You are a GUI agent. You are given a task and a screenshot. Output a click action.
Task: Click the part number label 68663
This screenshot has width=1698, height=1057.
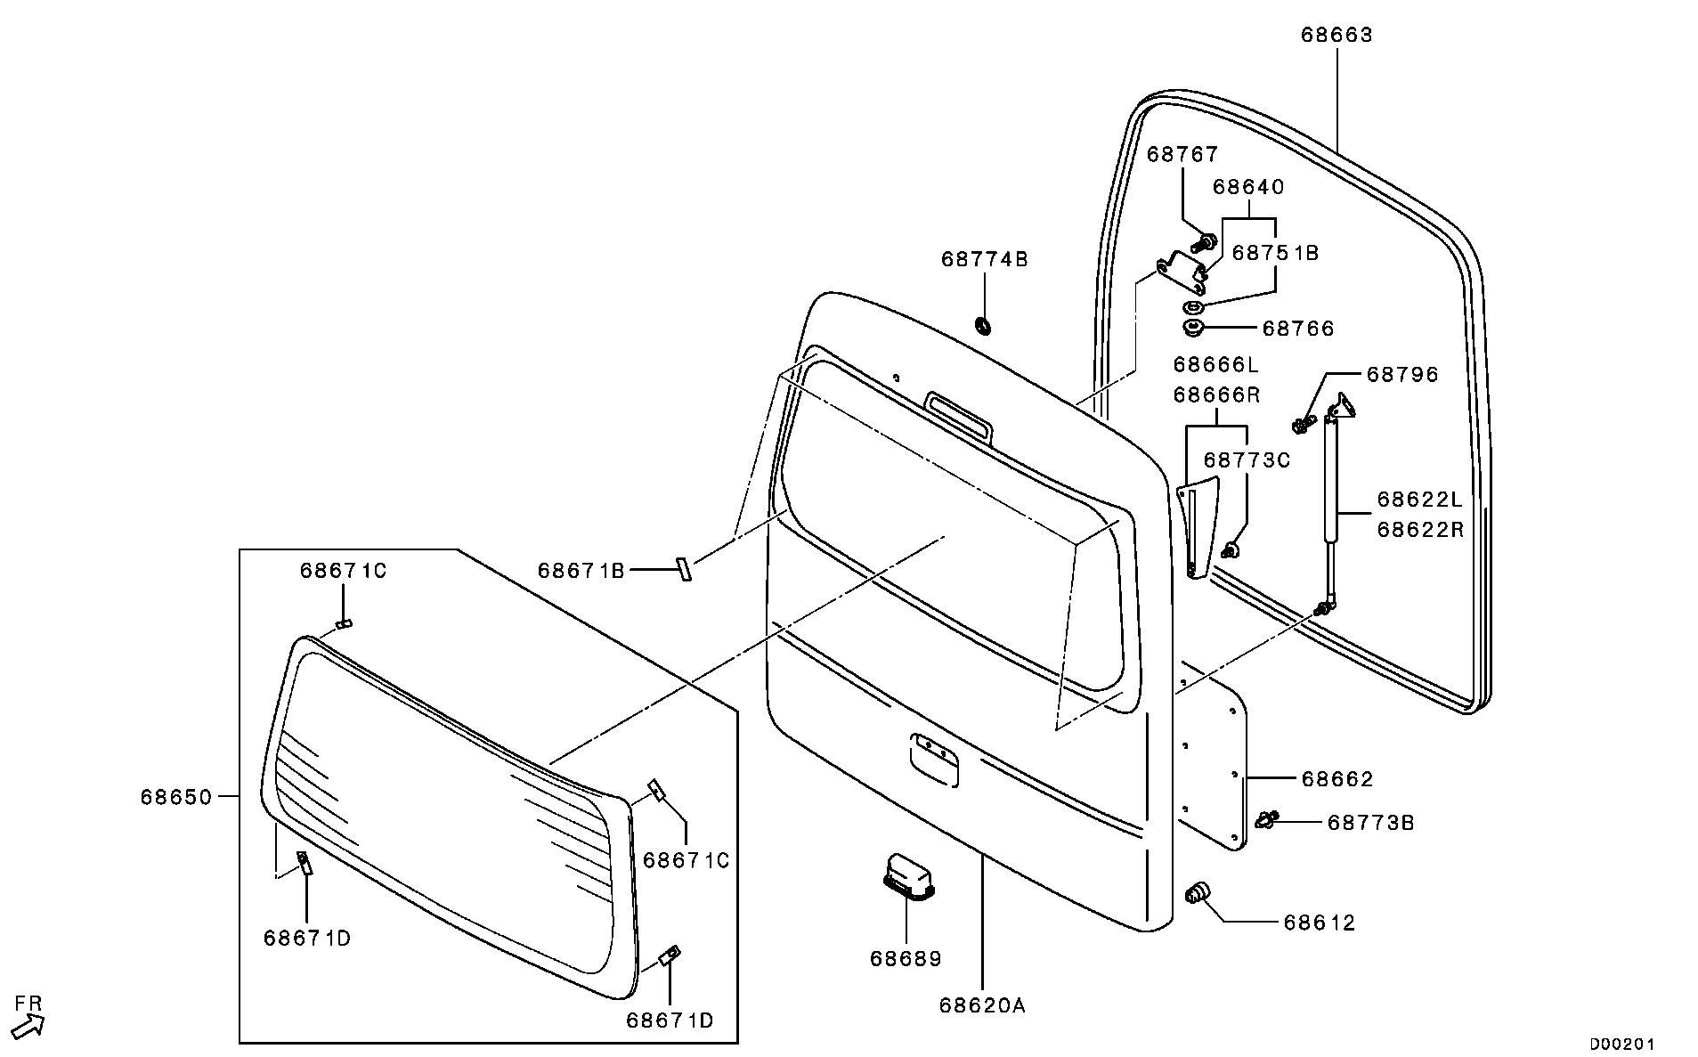[x=1336, y=35]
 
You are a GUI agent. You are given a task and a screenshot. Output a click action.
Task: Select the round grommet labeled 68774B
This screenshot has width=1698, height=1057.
[x=984, y=325]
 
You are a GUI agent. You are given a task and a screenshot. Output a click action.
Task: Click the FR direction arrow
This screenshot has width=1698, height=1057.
[x=28, y=1025]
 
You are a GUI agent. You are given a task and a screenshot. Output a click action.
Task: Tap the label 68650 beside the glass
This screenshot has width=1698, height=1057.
[x=176, y=797]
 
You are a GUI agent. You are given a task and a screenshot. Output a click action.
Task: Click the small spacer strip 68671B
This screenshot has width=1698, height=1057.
[x=683, y=569]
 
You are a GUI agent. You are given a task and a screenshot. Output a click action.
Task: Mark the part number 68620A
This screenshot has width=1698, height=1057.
[x=982, y=1005]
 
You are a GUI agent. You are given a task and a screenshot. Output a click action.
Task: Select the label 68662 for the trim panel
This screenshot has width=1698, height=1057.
[x=1336, y=779]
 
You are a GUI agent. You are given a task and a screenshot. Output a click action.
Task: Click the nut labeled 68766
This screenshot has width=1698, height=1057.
[x=1193, y=329]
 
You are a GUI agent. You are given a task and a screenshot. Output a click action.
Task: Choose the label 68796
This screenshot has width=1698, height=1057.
[x=1402, y=374]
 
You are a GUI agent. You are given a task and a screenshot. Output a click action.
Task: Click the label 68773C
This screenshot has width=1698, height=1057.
[x=1247, y=459]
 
